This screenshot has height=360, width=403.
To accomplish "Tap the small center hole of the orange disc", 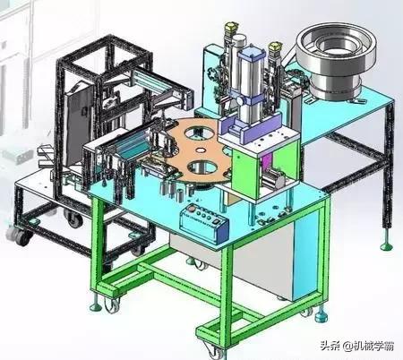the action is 201,150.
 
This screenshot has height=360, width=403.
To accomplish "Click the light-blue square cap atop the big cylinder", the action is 250,56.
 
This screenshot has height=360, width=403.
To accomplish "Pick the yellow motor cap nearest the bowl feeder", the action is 275,47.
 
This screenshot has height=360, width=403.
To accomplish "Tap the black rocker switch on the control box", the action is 217,221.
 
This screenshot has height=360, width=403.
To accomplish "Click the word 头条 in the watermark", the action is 330,346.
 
